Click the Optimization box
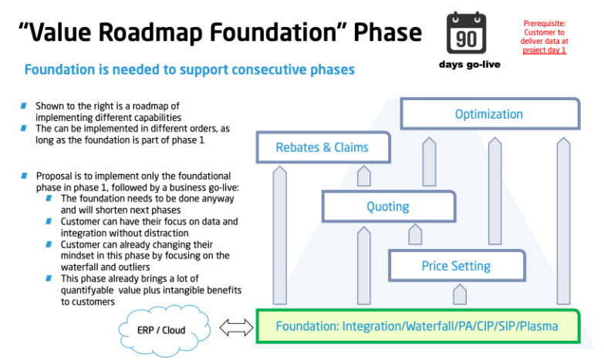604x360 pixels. click(489, 113)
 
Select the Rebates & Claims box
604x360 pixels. click(322, 147)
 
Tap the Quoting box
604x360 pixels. click(388, 207)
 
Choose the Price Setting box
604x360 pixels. click(455, 266)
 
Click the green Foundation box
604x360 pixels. click(417, 326)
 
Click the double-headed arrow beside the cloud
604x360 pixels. click(235, 329)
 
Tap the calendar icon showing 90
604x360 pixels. click(467, 33)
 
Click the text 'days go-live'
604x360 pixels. click(469, 65)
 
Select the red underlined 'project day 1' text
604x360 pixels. click(545, 50)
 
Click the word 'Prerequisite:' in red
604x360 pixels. click(545, 23)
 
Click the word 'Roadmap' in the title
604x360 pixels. click(171, 32)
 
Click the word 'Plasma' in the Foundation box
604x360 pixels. click(538, 326)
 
